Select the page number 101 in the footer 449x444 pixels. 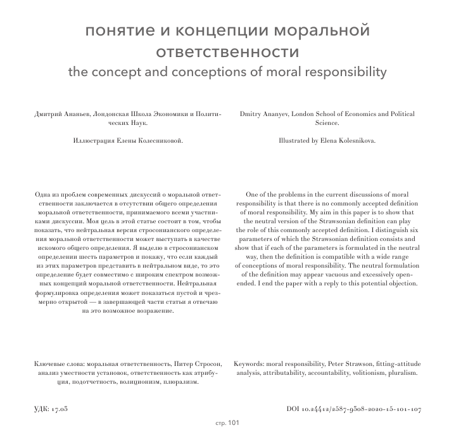point(232,422)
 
